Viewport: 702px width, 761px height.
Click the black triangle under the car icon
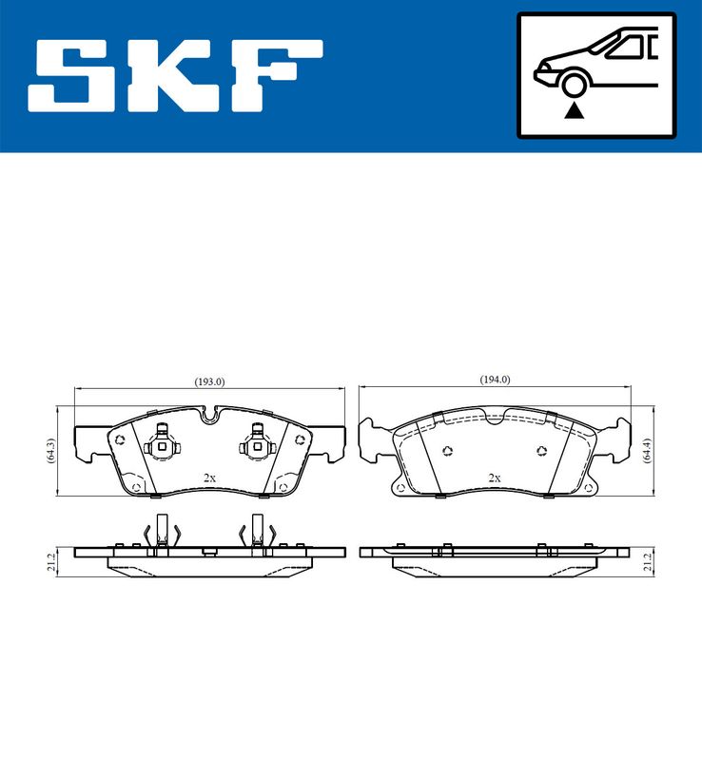[573, 111]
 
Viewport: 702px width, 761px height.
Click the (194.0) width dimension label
[495, 380]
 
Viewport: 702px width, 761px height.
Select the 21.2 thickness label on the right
[647, 565]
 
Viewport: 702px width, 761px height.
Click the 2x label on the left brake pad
[210, 478]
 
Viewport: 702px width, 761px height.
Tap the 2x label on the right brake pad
[494, 478]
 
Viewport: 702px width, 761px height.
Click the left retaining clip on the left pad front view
[162, 444]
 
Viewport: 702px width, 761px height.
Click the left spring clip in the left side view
[161, 533]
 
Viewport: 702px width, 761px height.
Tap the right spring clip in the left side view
[259, 533]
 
